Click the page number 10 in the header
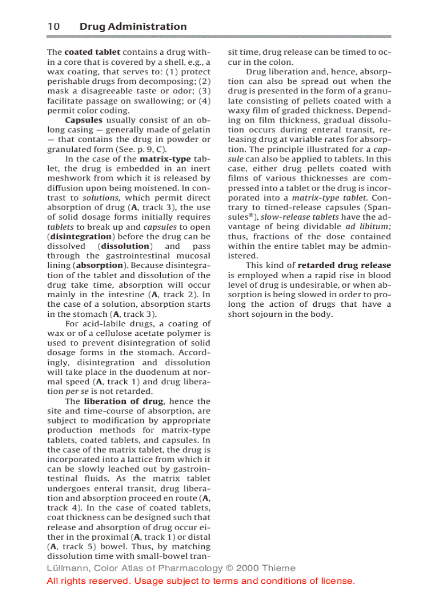pyautogui.click(x=53, y=27)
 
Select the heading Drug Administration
pyautogui.click(x=133, y=27)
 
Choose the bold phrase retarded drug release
pyautogui.click(x=344, y=265)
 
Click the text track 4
pyautogui.click(x=59, y=508)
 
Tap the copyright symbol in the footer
pyautogui.click(x=229, y=568)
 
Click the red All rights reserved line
pyautogui.click(x=201, y=581)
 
